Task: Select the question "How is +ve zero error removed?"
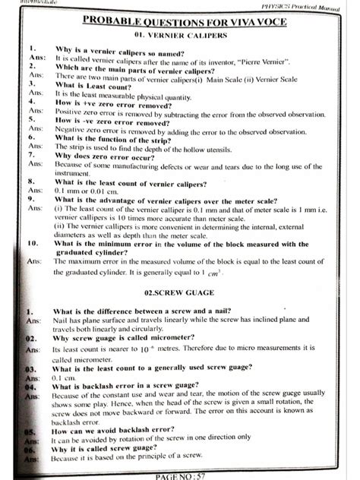118,102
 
